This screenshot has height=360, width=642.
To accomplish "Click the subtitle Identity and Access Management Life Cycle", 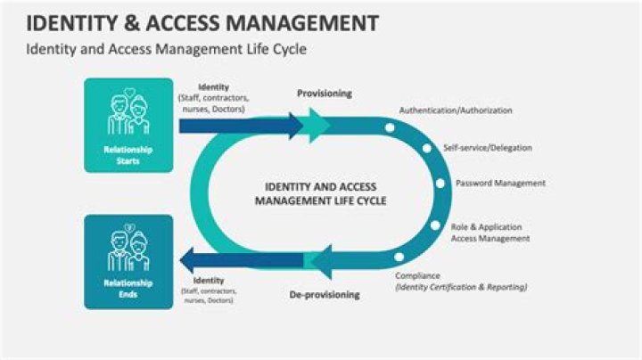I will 166,50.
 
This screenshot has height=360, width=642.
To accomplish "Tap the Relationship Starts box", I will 128,125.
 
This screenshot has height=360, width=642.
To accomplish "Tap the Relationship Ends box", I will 128,261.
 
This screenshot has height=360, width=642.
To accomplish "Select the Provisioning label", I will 325,94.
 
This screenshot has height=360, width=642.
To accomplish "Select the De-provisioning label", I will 325,295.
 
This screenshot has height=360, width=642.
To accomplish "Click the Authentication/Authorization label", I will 455,110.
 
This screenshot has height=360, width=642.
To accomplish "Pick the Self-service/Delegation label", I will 488,147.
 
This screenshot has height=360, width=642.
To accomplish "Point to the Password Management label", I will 500,184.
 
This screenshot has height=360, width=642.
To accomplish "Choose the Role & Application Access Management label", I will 490,233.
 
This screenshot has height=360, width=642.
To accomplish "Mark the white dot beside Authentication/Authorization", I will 389,127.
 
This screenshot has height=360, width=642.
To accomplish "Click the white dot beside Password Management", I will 440,184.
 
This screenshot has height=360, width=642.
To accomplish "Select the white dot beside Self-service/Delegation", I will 425,148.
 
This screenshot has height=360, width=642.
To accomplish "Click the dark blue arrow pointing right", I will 241,126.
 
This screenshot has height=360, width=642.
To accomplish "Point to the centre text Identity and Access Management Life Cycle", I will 321,193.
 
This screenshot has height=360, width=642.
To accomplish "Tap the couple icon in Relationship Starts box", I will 128,110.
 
